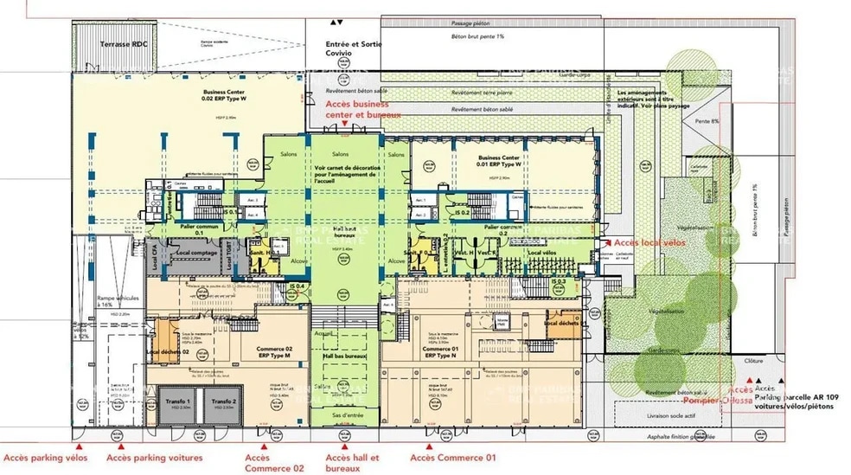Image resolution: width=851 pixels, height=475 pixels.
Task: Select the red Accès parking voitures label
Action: click(x=154, y=457)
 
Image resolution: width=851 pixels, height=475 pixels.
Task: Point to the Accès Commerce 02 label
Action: click(x=262, y=462)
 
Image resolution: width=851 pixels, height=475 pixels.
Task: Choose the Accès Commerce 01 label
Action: click(x=453, y=457)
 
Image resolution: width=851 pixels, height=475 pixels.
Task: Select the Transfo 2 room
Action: click(x=223, y=404)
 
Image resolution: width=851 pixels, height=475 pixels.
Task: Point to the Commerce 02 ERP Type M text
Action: click(x=274, y=352)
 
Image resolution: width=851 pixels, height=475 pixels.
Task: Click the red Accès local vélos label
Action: click(x=650, y=244)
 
